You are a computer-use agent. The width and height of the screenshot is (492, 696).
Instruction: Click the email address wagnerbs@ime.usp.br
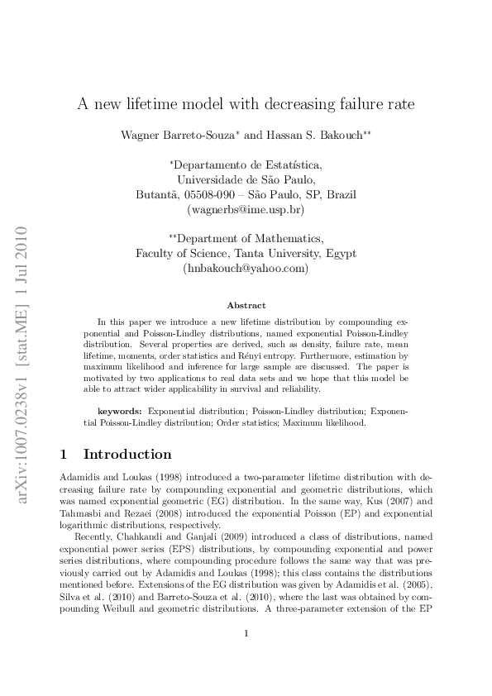coord(246,210)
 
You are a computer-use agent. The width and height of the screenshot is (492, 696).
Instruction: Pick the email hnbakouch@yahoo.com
coord(246,269)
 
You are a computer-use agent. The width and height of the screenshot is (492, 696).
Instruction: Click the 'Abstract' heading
coord(246,305)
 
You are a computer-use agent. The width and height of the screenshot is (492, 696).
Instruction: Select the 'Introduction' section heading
coord(128,455)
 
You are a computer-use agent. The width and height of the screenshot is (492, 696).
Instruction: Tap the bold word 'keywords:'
coord(120,410)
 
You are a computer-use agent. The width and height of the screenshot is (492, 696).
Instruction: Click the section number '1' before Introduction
coord(66,455)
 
